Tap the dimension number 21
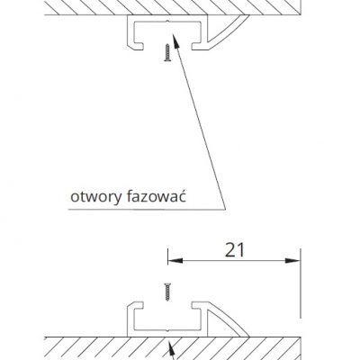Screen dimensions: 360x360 pos(235,250)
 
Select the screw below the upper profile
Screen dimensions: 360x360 pos(167,53)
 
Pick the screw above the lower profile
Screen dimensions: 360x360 pos(167,292)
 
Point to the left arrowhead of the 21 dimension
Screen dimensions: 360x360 pos(175,260)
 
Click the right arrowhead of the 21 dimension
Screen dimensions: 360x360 pos(292,260)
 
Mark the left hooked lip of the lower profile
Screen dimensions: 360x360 pos(135,307)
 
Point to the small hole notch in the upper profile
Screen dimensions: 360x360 pos(167,22)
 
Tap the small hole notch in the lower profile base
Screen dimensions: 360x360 pos(167,330)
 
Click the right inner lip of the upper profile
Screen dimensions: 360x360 pos(199,46)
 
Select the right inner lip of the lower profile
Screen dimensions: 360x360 pos(199,306)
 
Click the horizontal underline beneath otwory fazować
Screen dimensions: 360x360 pos(147,210)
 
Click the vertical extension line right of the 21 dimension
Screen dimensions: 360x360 pos(300,283)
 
